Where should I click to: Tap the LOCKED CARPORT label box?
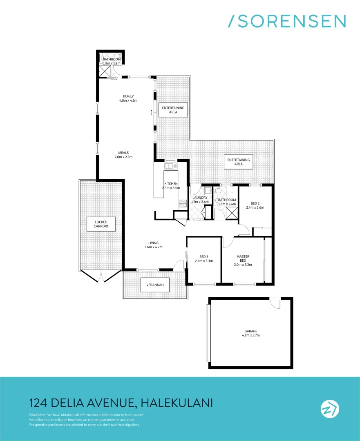pos(101,224)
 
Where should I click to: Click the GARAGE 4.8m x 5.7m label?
pos(251,333)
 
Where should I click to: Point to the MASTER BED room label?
pos(243,261)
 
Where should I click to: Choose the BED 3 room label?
pos(204,258)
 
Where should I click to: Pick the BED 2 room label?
pos(255,205)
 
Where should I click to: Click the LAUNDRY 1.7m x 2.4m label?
pos(200,200)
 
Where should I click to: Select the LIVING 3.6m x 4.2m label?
pos(154,245)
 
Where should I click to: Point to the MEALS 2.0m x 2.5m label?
pos(123,155)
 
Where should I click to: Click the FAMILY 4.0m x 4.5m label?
pos(128,98)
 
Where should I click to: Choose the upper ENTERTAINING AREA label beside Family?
pos(173,110)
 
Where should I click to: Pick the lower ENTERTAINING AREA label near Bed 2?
pos(238,162)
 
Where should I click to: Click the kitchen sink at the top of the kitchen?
pos(171,166)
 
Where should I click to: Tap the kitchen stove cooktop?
pos(182,203)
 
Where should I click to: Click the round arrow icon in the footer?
pos(329,409)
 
